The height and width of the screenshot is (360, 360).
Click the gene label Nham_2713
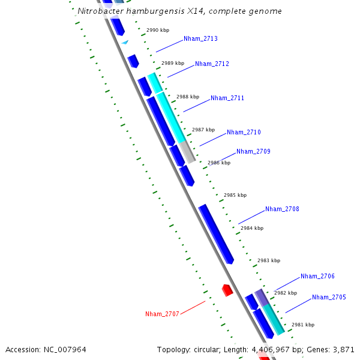coord(200,38)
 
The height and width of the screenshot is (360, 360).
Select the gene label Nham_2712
coord(212,64)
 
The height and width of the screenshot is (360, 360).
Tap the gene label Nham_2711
coord(227,98)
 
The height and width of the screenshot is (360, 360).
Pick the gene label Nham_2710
coord(244,132)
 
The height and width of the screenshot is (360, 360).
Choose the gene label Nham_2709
coord(253,151)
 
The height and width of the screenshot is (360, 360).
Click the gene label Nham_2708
coord(282,209)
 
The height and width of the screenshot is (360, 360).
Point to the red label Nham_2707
coord(162,314)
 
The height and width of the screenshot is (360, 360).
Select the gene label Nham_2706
coord(317,276)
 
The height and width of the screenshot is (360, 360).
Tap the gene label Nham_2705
coord(329,297)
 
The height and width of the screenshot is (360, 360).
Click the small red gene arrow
coord(227,290)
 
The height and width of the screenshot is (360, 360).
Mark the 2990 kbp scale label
coord(157,30)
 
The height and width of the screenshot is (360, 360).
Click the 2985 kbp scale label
coord(235,195)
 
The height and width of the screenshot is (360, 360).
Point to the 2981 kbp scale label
coord(302,325)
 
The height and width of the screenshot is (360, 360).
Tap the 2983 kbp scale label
coord(268,260)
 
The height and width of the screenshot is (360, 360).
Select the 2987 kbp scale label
coord(203,130)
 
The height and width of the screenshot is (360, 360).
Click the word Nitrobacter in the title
coord(101,11)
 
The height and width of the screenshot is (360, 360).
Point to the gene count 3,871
coord(343,349)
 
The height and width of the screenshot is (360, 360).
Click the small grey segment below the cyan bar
coord(188,152)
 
